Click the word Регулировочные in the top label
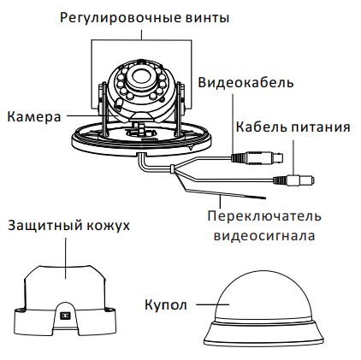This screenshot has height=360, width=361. coord(121,18)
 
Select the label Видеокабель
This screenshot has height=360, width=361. coord(246,83)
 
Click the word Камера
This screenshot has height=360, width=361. coord(34,117)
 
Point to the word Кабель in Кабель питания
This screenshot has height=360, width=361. coord(261,127)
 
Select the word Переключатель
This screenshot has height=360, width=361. coord(264,216)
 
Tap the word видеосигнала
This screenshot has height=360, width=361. coord(264,236)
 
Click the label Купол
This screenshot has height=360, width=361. coord(166,304)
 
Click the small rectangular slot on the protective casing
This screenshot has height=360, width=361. coord(65,316)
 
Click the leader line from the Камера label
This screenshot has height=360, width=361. coord(85,115)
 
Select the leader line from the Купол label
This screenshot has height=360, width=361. coord(213,304)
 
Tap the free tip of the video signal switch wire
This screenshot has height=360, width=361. coord(265,198)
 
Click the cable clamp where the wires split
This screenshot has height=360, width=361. coord(172,169)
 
